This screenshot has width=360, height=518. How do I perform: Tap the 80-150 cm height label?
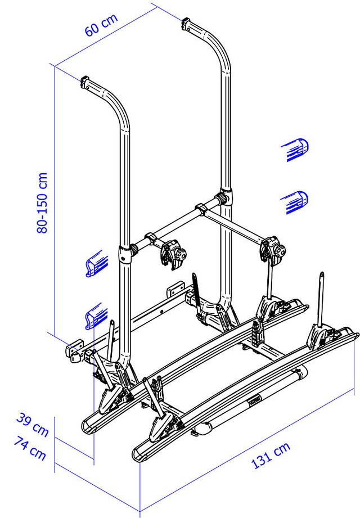42,203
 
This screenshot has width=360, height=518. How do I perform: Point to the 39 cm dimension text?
33,424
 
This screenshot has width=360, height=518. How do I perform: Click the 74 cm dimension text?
30,448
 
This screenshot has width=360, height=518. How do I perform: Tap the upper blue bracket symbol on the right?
295,149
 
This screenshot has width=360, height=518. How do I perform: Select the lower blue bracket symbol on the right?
295,202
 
